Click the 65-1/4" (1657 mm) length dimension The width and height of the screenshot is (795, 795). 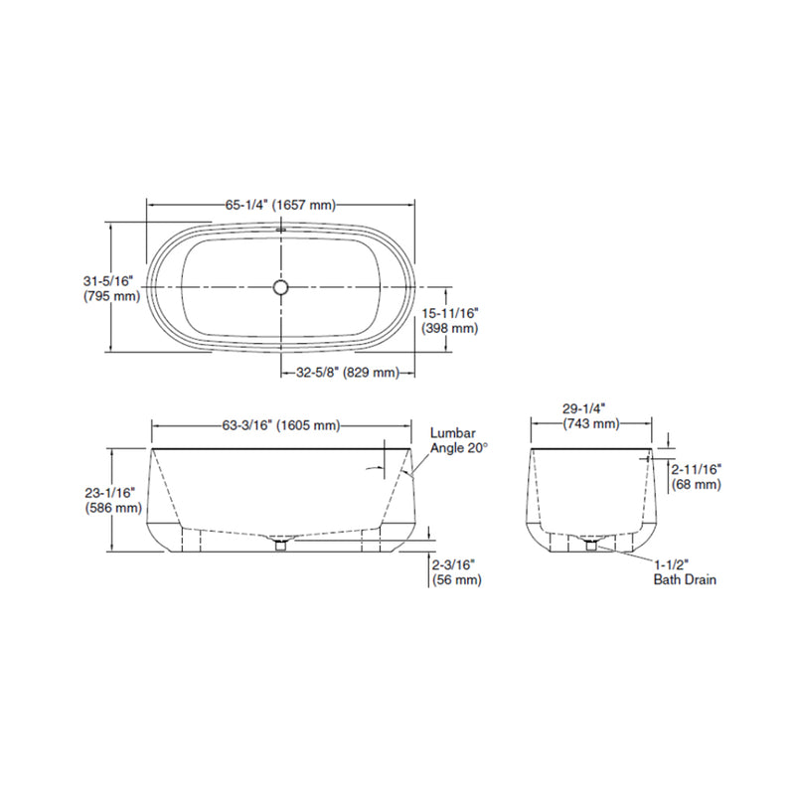(280, 205)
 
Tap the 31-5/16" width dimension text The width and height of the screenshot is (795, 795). (109, 280)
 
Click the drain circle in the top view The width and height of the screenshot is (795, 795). (281, 287)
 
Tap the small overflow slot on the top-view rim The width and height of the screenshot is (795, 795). (281, 229)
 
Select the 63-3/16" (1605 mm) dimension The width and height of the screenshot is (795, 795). (281, 426)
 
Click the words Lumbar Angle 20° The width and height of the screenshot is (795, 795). (459, 441)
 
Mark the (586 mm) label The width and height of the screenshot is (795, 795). (112, 507)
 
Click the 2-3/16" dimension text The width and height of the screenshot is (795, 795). (456, 563)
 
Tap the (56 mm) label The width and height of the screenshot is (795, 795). (456, 579)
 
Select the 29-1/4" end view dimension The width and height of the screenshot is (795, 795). (590, 407)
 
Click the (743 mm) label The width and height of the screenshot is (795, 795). (590, 423)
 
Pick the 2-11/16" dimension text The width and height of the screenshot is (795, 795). (696, 468)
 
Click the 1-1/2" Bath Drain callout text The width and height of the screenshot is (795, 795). (684, 571)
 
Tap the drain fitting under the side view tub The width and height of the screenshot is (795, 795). (281, 544)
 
